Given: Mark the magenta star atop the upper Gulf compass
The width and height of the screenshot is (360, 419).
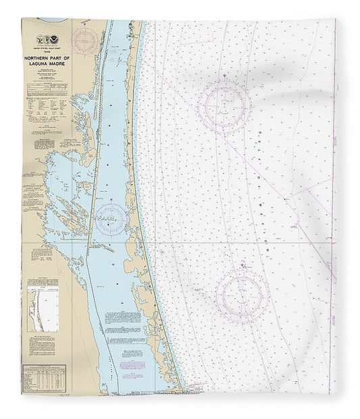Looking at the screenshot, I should pos(224,80).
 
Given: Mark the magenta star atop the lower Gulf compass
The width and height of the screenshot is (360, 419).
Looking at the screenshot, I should pos(242,268).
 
